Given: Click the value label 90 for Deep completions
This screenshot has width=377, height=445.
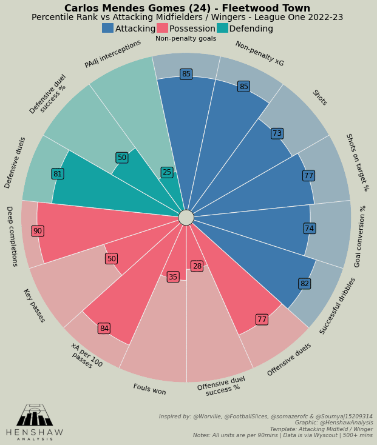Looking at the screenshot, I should coord(38,231).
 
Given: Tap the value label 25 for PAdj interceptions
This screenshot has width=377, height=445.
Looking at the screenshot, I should coord(167,172).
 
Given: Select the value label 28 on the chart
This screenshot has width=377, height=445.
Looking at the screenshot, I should coord(197,266).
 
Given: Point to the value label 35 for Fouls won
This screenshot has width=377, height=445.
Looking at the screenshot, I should coord(173,277).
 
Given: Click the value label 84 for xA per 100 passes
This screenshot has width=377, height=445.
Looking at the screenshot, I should coord(104,329).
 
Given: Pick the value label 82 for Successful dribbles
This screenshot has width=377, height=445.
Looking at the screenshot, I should coord(305,284).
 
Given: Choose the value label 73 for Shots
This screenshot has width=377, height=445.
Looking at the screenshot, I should coord(277,133).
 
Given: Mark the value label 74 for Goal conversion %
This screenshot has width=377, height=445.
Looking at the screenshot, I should coord(310,229).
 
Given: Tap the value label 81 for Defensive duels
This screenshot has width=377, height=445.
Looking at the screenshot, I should coord(58,174).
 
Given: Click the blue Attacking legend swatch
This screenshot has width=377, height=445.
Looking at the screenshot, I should coord(107,28).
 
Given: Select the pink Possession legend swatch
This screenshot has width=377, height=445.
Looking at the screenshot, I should coord(162,28).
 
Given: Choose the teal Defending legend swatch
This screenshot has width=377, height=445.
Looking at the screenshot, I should coord(222,28).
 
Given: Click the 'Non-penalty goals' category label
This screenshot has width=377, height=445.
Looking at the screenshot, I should coord(186,39).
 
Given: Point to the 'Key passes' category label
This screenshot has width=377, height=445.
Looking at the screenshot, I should coord(34,306).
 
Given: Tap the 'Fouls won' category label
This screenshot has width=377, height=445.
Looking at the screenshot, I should coord(149,389).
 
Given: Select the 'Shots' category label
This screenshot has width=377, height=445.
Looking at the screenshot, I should coord(319,98).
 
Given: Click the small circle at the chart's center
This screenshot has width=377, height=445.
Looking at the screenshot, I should coord(186,218).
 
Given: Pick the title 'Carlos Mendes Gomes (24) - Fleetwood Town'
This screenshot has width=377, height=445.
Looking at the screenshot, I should coord(187,8).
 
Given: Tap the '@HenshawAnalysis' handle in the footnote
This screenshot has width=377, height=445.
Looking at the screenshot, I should coord(351,423).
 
